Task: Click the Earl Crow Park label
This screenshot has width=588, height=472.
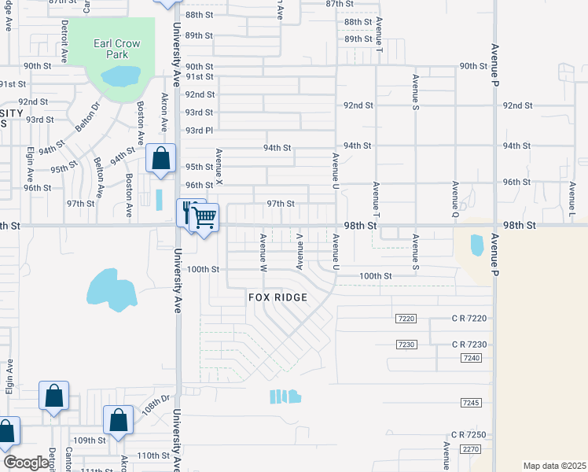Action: pos(116,49)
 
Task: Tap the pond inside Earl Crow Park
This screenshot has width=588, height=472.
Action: pos(120,76)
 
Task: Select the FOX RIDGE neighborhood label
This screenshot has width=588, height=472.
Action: pos(277,297)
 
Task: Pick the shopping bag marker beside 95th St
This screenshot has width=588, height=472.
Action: pos(161,158)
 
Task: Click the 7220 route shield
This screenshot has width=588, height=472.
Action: pos(406,317)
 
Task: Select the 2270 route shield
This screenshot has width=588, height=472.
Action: pos(471,449)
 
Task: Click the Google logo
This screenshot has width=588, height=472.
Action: pos(25,463)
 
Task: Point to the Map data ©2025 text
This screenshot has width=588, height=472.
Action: pos(554,466)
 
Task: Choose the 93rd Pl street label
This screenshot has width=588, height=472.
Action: pos(200,130)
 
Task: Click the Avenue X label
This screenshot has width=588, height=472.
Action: pos(220,168)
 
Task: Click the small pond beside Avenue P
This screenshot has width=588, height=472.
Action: pos(477,245)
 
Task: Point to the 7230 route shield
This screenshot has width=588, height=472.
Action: pos(406,345)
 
